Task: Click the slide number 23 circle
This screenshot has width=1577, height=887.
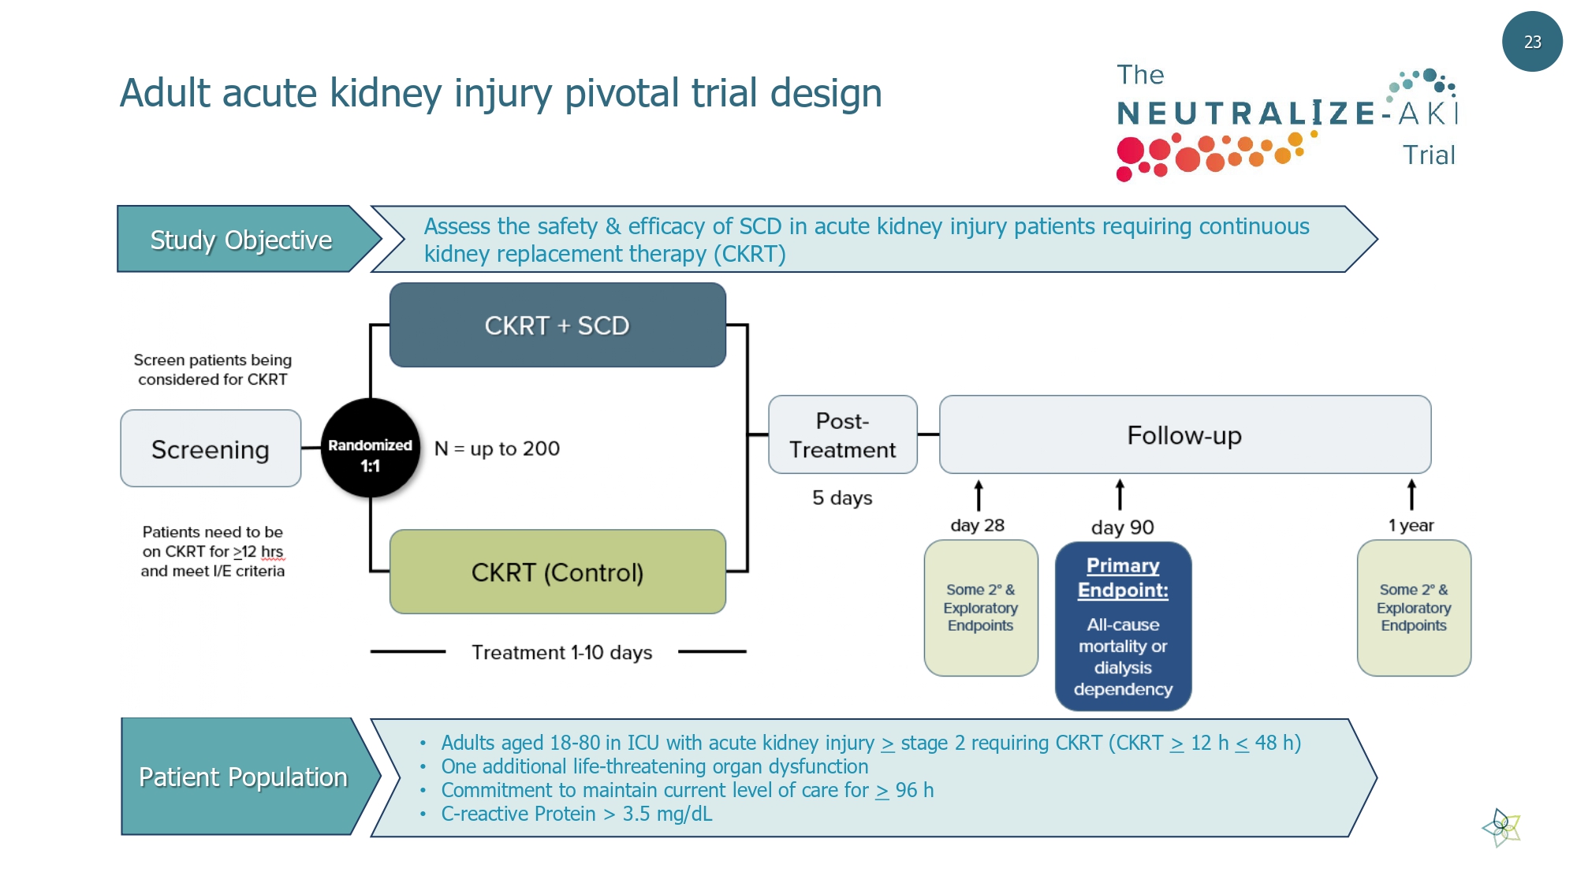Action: pyautogui.click(x=1531, y=42)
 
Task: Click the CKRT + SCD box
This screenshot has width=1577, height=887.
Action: pyautogui.click(x=557, y=325)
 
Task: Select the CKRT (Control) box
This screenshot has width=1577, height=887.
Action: pyautogui.click(x=557, y=572)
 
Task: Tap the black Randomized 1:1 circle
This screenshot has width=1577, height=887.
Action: pyautogui.click(x=370, y=448)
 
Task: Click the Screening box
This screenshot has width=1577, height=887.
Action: pyautogui.click(x=211, y=449)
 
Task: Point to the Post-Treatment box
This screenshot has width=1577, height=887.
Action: pyautogui.click(x=842, y=434)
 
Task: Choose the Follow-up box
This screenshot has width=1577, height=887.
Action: pyautogui.click(x=1184, y=434)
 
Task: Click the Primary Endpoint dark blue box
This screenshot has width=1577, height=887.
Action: pyautogui.click(x=1123, y=626)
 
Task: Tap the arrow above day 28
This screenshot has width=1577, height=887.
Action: pyautogui.click(x=979, y=496)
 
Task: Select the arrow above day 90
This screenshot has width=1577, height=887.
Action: pyautogui.click(x=1120, y=495)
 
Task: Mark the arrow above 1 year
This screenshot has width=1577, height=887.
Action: pyautogui.click(x=1411, y=495)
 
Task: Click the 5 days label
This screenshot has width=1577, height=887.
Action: pyautogui.click(x=842, y=498)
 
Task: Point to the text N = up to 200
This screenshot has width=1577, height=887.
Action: pyautogui.click(x=497, y=449)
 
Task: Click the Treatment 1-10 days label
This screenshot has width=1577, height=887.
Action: pyautogui.click(x=561, y=653)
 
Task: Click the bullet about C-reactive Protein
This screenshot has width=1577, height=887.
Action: pyautogui.click(x=576, y=814)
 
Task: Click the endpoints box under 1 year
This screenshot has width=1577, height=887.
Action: pyautogui.click(x=1414, y=608)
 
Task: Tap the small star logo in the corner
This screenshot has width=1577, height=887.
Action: pyautogui.click(x=1502, y=827)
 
